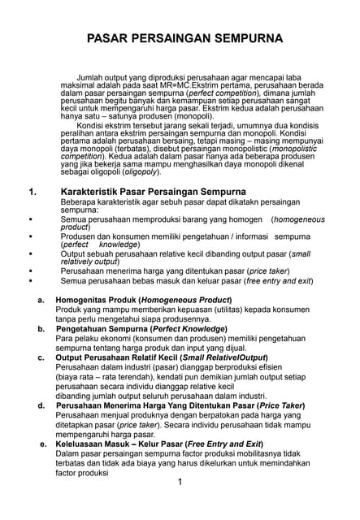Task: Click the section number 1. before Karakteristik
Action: point(32,193)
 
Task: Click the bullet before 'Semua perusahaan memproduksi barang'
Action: point(29,219)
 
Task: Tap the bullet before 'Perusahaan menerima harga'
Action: point(29,270)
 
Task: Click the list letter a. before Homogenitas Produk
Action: point(41,301)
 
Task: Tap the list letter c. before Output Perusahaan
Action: point(41,357)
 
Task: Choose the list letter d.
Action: point(41,405)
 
